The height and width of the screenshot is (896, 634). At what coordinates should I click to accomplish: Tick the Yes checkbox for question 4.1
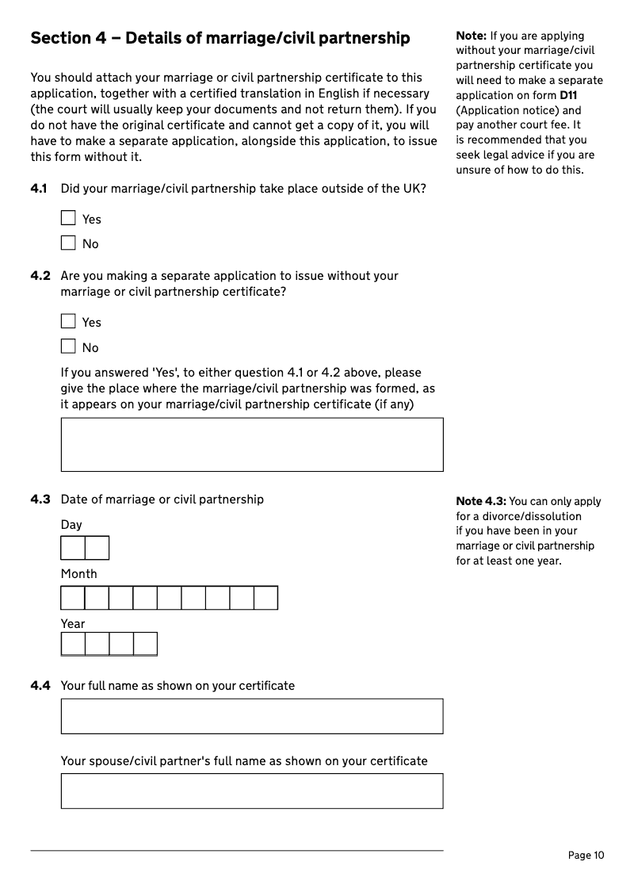[x=68, y=218]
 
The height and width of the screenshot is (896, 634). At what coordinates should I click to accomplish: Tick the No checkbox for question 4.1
[x=68, y=243]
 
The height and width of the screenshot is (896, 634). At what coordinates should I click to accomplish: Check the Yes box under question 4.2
[x=68, y=321]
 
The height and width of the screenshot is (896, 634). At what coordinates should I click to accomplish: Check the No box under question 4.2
[x=68, y=347]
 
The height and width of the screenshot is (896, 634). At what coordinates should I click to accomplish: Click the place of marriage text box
[x=251, y=445]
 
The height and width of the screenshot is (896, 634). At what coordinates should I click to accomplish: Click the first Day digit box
[x=73, y=548]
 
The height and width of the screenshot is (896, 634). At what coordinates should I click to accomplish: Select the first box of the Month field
[x=73, y=598]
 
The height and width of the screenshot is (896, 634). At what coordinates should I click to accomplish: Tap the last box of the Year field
[x=145, y=644]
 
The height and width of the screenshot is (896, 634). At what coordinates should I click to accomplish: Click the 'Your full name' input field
[x=251, y=716]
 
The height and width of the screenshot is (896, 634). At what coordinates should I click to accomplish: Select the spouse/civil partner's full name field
[x=251, y=791]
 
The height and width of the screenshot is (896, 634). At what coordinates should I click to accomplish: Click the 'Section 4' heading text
[x=220, y=38]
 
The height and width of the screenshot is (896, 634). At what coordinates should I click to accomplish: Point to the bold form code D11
[x=567, y=96]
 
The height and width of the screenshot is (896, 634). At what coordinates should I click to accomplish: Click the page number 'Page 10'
[x=586, y=855]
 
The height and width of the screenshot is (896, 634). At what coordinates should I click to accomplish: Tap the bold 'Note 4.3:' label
[x=481, y=501]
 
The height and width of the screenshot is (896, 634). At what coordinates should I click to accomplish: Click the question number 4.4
[x=40, y=686]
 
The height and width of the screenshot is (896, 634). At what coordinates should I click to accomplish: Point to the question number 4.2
[x=40, y=276]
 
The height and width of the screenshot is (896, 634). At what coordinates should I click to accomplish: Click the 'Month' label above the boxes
[x=78, y=574]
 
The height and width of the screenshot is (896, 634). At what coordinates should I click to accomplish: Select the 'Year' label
[x=73, y=624]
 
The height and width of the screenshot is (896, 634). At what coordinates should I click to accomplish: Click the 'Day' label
[x=71, y=525]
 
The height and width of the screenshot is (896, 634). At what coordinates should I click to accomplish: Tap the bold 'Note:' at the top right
[x=471, y=36]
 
